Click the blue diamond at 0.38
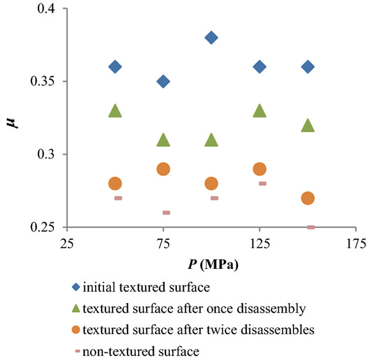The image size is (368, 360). pyautogui.click(x=211, y=37)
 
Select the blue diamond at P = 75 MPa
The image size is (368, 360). pyautogui.click(x=163, y=81)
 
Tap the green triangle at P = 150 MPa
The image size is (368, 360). pyautogui.click(x=308, y=125)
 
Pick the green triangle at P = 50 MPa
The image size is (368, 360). pyautogui.click(x=115, y=111)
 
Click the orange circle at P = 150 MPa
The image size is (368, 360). pyautogui.click(x=308, y=198)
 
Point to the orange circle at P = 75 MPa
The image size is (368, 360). pyautogui.click(x=163, y=169)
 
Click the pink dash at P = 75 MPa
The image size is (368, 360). pyautogui.click(x=166, y=213)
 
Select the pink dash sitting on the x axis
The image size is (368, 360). pyautogui.click(x=311, y=227)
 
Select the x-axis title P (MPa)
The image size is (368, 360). pyautogui.click(x=211, y=264)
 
